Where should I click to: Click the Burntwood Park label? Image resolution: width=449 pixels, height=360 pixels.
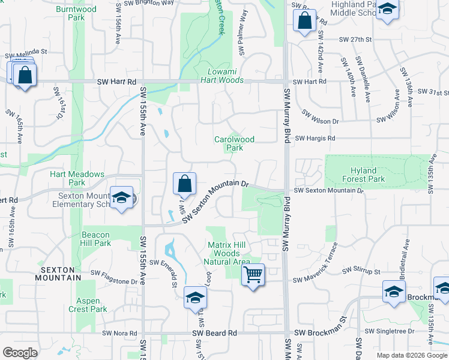pyautogui.click(x=76, y=13)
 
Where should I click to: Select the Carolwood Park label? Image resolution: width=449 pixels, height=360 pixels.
pyautogui.click(x=235, y=143)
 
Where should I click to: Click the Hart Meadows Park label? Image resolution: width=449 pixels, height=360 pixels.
pyautogui.click(x=77, y=178)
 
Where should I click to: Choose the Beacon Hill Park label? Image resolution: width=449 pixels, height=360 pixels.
pyautogui.click(x=95, y=239)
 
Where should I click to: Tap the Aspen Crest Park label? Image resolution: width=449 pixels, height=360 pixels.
pyautogui.click(x=92, y=305)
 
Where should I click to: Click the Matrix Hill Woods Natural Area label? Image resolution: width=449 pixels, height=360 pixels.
pyautogui.click(x=228, y=253)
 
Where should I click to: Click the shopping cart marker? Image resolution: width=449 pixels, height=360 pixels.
pyautogui.click(x=253, y=275)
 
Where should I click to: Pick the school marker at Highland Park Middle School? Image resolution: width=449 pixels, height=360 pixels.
pyautogui.click(x=387, y=10)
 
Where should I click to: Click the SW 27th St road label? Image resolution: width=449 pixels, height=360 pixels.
pyautogui.click(x=356, y=40)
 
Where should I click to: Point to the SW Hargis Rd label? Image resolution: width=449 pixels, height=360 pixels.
pyautogui.click(x=315, y=138)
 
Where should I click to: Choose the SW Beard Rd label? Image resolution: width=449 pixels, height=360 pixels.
pyautogui.click(x=215, y=333)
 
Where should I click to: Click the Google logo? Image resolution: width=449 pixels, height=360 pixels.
pyautogui.click(x=20, y=353)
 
